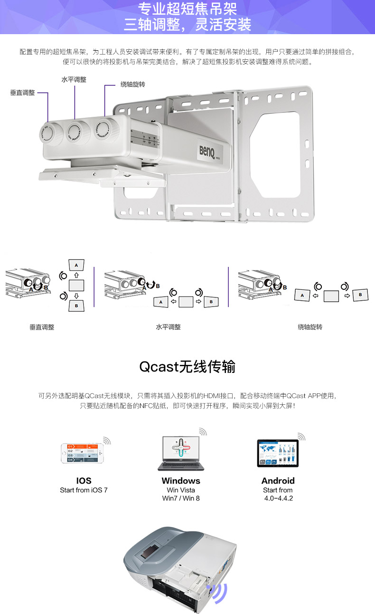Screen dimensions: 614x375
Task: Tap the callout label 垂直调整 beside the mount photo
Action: click(23, 93)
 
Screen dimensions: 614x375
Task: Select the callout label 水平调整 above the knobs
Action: click(74, 80)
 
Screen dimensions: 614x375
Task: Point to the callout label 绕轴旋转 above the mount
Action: click(132, 84)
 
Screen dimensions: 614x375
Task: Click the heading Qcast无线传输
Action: click(187, 367)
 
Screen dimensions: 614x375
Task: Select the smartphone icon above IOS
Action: click(81, 453)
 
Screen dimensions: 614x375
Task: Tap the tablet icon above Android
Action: click(278, 453)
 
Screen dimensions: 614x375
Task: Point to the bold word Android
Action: click(278, 481)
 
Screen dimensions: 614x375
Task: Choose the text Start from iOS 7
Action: click(84, 490)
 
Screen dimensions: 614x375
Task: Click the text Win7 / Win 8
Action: click(181, 498)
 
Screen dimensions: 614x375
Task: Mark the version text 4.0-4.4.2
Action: click(279, 498)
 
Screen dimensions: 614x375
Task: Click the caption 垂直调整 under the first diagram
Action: click(42, 327)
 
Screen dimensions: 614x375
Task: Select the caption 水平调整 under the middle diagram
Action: click(169, 327)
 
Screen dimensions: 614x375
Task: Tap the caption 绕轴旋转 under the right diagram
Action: click(310, 327)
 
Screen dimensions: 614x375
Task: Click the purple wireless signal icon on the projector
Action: click(219, 592)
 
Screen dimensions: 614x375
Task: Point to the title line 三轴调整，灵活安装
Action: click(187, 25)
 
